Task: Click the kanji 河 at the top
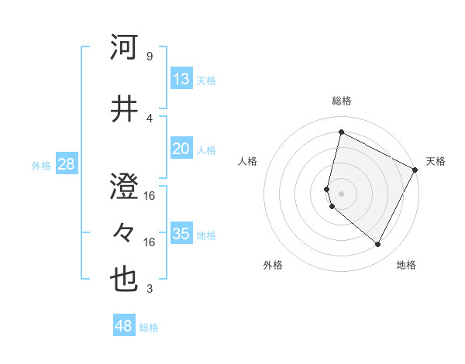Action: coord(125,48)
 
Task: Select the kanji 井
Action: coord(125,109)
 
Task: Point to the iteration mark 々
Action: coord(125,233)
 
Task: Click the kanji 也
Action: coord(125,280)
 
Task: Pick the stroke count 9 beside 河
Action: coord(149,57)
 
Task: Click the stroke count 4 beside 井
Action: coord(149,118)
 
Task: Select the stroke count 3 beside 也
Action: coord(149,289)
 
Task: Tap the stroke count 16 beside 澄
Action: coord(150,196)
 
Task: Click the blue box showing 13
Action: coord(181,78)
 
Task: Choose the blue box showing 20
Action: coord(181,149)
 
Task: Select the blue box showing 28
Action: coord(65,163)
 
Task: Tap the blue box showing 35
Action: coord(181,234)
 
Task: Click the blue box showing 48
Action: coord(123,326)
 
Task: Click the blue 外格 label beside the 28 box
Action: coord(41,165)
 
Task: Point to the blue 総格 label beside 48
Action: coord(149,328)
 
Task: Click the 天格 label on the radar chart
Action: coord(436,161)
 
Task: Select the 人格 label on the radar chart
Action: coord(248,161)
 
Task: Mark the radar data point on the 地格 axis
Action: coord(377,245)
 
